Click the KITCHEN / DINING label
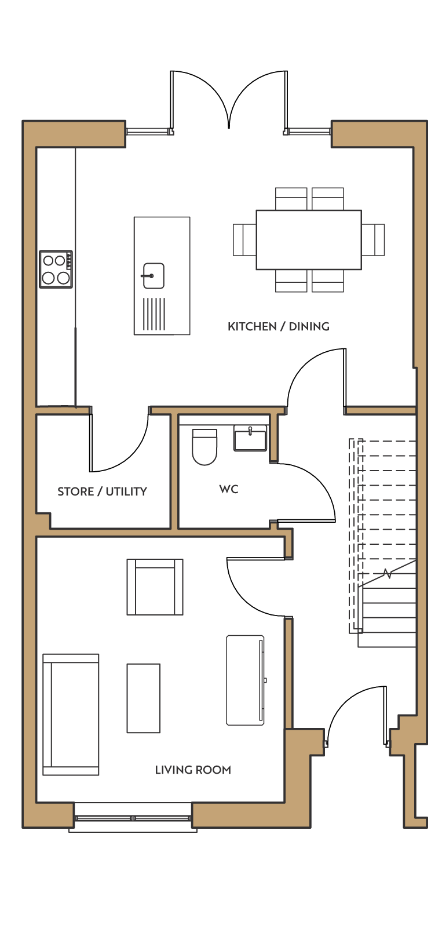tap(278, 326)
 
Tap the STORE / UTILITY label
tap(103, 491)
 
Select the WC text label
tap(229, 489)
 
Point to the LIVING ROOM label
tap(193, 770)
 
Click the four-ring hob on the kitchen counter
tap(56, 269)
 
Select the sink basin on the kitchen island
tap(152, 276)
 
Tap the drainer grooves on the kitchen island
tap(154, 314)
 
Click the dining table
tap(308, 240)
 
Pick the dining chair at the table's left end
tap(244, 240)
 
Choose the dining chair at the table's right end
tap(372, 240)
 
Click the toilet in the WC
tap(204, 447)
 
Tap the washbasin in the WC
tap(250, 438)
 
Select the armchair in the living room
tap(155, 587)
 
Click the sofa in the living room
tap(71, 715)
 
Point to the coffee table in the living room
tap(143, 698)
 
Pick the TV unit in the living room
tap(246, 680)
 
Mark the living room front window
tap(133, 818)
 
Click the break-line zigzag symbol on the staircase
tap(387, 574)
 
